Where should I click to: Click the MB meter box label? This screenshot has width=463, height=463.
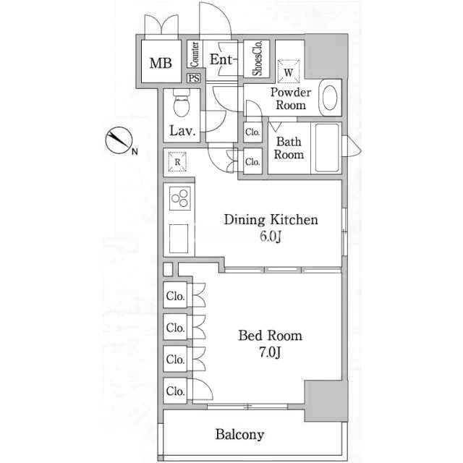(161, 63)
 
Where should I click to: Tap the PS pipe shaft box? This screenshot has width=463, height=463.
(194, 78)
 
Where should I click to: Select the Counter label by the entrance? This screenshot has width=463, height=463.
(195, 54)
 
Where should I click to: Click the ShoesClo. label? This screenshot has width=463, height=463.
(258, 59)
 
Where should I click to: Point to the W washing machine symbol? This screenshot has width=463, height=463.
(289, 72)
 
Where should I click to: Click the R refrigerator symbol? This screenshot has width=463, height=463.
(177, 161)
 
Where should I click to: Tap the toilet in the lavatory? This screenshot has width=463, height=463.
(182, 103)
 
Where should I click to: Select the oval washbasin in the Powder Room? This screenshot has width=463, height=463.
(330, 98)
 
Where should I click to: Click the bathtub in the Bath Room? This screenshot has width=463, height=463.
(326, 148)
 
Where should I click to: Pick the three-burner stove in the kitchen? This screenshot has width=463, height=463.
(180, 198)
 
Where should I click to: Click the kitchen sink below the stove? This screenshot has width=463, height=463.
(179, 239)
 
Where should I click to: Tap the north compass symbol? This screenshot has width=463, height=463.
(119, 140)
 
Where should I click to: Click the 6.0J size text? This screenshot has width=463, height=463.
(270, 237)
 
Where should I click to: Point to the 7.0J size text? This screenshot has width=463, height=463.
(270, 352)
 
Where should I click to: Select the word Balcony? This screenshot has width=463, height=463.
(239, 435)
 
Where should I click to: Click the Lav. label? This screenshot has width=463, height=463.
(182, 130)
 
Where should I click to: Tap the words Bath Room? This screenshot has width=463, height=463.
(289, 148)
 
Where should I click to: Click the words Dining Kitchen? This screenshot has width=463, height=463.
(271, 220)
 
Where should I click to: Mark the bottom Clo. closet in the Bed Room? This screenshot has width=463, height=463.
(175, 391)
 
